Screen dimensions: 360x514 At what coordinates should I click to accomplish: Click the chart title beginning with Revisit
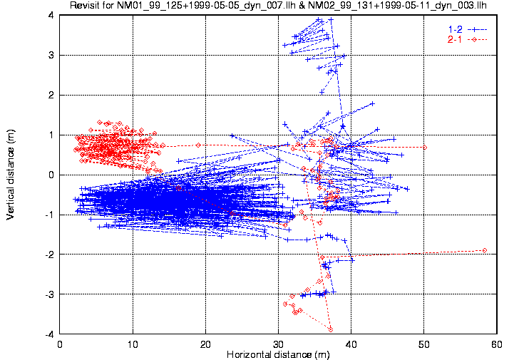279,6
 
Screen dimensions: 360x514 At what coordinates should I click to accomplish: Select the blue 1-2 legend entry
453,29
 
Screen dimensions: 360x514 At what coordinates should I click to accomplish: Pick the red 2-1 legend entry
453,39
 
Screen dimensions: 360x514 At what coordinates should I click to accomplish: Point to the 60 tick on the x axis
495,344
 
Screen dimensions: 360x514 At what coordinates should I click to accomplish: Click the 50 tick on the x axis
423,344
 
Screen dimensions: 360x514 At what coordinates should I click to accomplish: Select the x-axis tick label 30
279,344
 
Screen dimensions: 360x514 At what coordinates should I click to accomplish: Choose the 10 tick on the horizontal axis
133,344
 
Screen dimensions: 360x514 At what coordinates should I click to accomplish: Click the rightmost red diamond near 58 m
485,250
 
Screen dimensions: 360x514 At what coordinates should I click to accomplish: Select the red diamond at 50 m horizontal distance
424,148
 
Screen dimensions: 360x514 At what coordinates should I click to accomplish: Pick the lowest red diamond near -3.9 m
331,329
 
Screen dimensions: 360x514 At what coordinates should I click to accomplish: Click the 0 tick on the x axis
61,344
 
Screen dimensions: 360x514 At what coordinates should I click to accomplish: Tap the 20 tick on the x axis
206,344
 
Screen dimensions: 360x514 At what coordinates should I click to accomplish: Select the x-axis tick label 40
351,344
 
